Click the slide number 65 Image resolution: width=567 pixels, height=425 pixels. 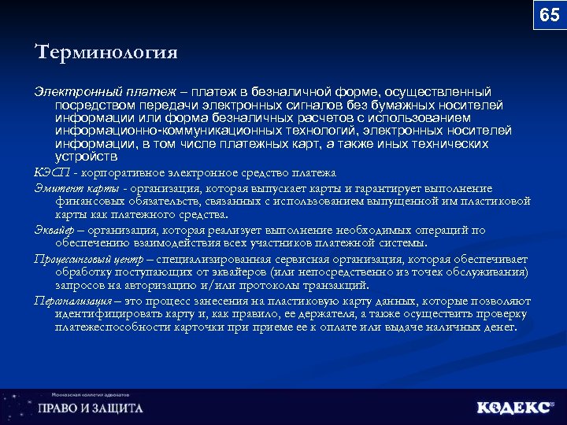549,15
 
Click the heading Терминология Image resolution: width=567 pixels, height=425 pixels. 106,53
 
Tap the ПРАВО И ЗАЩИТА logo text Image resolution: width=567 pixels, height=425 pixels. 91,408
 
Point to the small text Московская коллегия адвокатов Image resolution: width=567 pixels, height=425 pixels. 87,395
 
